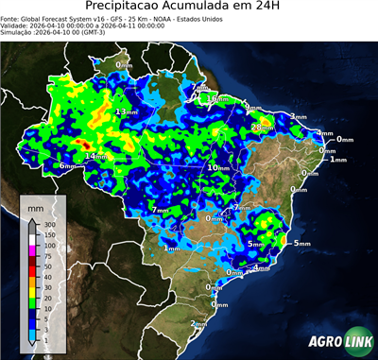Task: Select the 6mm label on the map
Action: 68,166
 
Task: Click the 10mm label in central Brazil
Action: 219,167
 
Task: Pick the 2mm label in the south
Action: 199,324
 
